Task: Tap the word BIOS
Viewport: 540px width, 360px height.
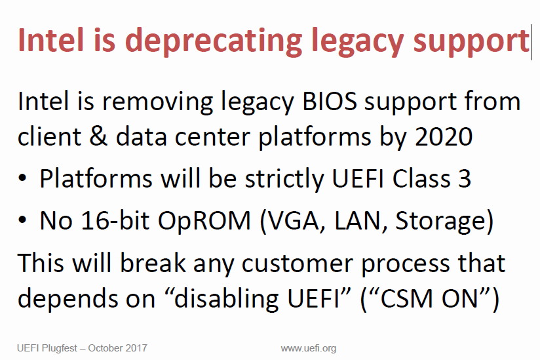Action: click(x=330, y=102)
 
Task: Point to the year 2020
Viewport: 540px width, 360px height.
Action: click(x=444, y=137)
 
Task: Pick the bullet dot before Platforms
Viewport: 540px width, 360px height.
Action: click(x=22, y=178)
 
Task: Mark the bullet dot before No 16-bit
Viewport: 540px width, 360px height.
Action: click(x=22, y=220)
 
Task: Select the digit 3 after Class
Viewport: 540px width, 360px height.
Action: click(x=465, y=178)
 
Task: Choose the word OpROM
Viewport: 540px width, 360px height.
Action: click(x=204, y=221)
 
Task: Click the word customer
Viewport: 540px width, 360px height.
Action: click(x=298, y=264)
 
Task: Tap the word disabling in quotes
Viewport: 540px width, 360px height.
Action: click(x=226, y=298)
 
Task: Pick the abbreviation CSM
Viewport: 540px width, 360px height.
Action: click(x=406, y=298)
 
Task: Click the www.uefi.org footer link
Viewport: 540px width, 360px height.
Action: click(x=309, y=348)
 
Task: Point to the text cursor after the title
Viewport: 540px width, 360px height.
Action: click(x=531, y=42)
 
